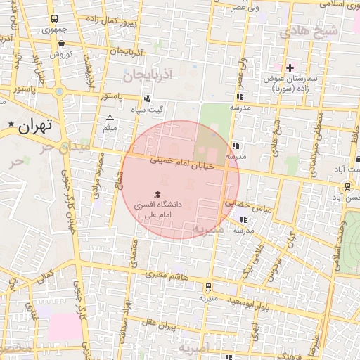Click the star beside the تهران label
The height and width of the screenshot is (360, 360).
[x=11, y=125]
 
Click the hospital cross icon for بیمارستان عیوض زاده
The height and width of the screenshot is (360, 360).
[x=290, y=67]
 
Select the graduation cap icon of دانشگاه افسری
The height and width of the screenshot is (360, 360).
[x=157, y=193]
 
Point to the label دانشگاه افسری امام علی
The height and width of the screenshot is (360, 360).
[x=159, y=210]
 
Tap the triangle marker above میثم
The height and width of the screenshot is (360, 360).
[x=110, y=118]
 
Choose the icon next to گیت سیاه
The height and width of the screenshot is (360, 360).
[x=147, y=98]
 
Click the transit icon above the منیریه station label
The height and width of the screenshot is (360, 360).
[x=208, y=286]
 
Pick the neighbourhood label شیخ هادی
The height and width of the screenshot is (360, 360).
[x=309, y=32]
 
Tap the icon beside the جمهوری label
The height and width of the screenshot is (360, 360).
[x=53, y=19]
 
